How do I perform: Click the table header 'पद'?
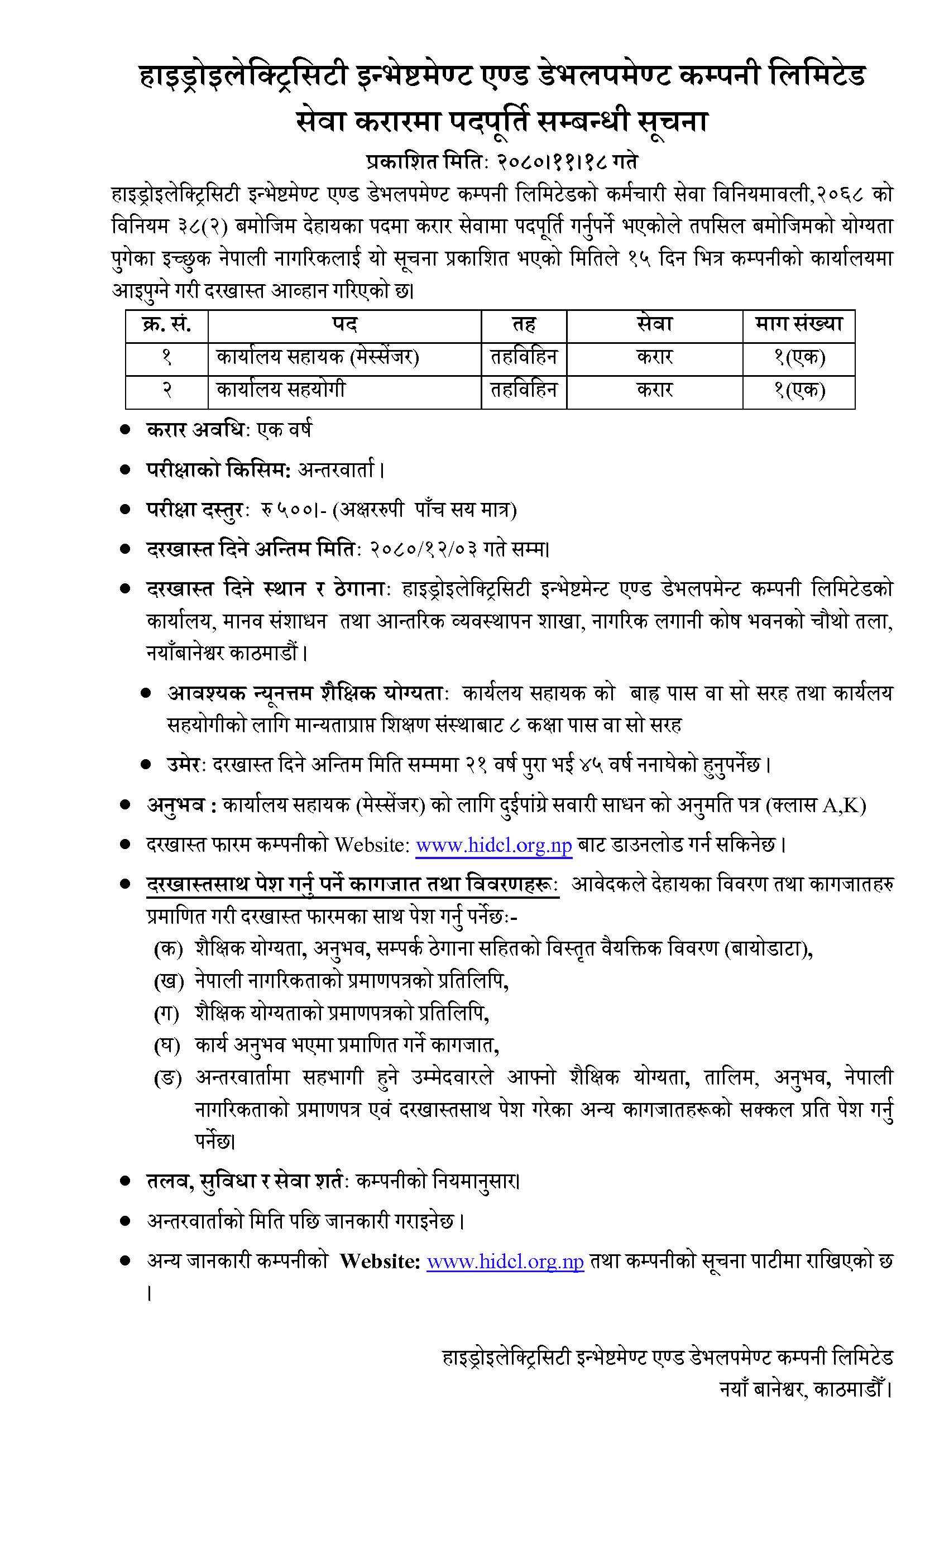coord(344,325)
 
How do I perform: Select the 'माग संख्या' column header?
coord(798,325)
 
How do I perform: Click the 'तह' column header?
coord(524,325)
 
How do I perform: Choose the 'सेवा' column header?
coord(654,325)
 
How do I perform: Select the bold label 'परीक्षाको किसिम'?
coord(218,470)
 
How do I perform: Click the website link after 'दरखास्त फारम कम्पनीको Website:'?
coord(493,846)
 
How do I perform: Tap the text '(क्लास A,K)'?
coord(816,806)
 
